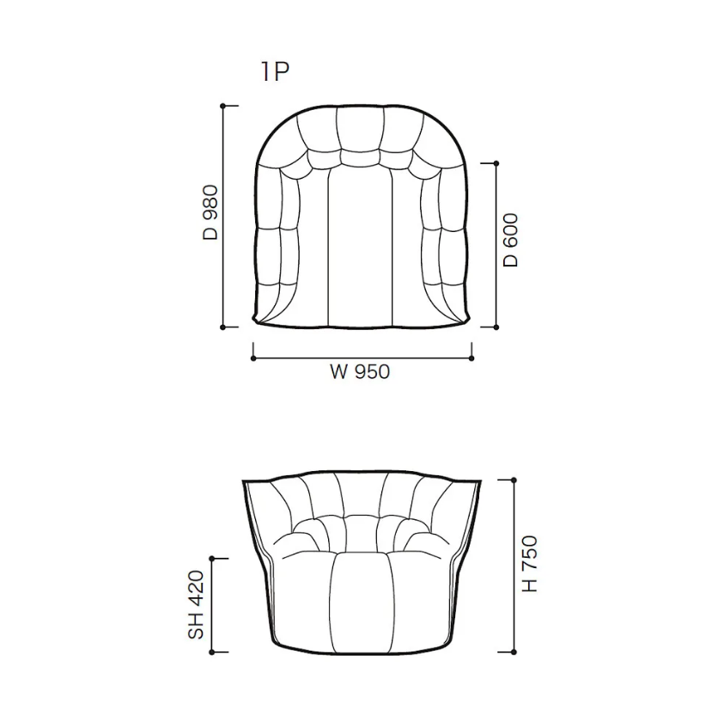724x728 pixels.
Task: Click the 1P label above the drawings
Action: [276, 72]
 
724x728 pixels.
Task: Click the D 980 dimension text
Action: [210, 212]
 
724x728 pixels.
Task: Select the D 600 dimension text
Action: [510, 240]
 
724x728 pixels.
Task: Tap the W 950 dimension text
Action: [360, 372]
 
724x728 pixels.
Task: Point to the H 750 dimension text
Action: [530, 564]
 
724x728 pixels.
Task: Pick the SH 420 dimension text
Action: [196, 605]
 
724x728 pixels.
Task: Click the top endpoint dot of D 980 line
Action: [222, 106]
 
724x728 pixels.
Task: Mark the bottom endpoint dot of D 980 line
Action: [222, 327]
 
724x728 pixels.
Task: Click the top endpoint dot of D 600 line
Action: [496, 163]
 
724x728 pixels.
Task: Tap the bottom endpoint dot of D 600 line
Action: [496, 327]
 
